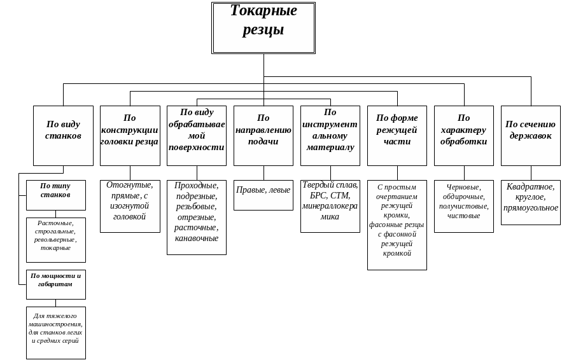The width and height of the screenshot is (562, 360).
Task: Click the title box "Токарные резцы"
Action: (x=263, y=28)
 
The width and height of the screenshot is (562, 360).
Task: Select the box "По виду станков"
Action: (x=63, y=135)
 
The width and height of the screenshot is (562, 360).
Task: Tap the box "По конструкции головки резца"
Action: (x=130, y=135)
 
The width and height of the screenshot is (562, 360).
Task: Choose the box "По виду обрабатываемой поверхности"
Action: (x=197, y=135)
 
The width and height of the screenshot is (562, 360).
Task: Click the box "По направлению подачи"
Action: (x=263, y=135)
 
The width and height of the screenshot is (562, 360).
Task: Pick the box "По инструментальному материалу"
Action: (x=330, y=135)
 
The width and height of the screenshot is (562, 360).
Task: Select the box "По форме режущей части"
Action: (x=397, y=135)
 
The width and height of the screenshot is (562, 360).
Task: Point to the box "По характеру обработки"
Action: (x=464, y=135)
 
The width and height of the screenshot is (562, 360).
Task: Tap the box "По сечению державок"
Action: (x=531, y=135)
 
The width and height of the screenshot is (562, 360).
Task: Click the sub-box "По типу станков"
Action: (x=56, y=195)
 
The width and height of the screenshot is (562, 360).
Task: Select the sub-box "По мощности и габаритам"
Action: (x=56, y=284)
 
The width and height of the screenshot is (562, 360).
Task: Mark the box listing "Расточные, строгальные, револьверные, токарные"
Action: (x=56, y=240)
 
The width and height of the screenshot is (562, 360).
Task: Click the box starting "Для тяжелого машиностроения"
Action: (x=56, y=333)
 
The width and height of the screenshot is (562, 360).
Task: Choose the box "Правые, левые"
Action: (x=263, y=195)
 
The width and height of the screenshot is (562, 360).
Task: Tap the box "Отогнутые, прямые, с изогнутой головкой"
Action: (x=130, y=206)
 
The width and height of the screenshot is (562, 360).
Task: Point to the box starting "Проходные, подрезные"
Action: (x=197, y=218)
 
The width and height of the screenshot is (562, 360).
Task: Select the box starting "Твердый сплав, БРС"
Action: (x=330, y=206)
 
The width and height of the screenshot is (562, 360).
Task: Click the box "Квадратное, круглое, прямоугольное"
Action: (x=531, y=202)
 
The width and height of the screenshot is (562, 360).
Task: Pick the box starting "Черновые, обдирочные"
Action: (x=464, y=206)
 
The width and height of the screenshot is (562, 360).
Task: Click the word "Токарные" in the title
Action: (x=263, y=11)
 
